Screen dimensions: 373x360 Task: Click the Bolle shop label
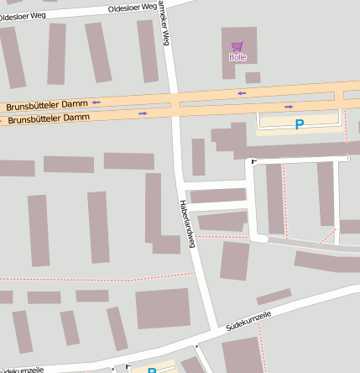(238, 57)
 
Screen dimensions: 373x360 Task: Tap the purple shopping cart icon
(237, 46)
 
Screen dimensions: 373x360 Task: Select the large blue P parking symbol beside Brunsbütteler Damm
(299, 124)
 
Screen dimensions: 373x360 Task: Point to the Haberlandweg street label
(188, 223)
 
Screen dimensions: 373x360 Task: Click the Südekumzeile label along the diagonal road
(248, 323)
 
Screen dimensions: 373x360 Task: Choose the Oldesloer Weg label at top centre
(133, 8)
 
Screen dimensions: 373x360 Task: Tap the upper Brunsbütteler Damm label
(47, 106)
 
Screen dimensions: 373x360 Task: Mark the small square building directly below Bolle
(253, 77)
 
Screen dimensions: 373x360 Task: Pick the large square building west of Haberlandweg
(163, 308)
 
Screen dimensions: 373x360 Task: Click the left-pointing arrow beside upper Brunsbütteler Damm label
(97, 102)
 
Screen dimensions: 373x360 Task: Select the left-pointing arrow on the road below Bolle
(242, 92)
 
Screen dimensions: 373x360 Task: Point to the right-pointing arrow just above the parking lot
(289, 106)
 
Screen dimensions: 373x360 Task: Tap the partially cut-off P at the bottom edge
(152, 370)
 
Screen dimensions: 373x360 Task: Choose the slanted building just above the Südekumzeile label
(274, 297)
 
